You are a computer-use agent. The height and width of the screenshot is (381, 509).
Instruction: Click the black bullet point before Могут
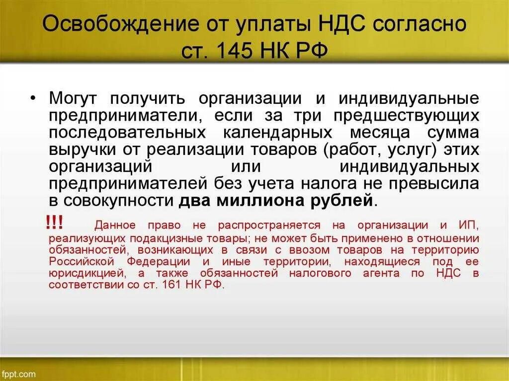[x=33, y=98]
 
